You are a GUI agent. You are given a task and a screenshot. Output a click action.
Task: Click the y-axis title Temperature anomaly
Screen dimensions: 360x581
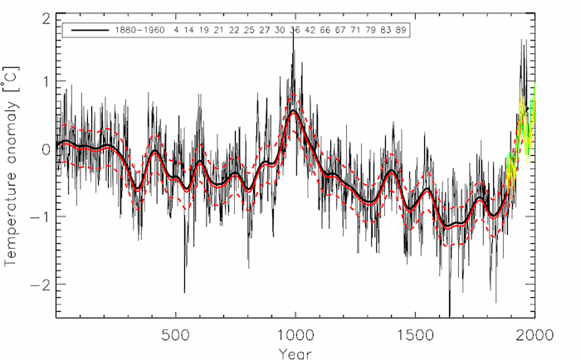(x=12, y=166)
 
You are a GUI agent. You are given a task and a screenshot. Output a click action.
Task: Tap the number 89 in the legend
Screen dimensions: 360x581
(x=404, y=30)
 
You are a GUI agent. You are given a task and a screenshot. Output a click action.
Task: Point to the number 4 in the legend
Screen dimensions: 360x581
(x=176, y=30)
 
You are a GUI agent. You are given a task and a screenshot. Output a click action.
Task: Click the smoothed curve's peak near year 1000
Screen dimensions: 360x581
(x=294, y=110)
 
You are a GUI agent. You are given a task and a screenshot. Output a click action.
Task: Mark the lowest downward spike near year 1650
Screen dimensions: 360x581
(x=449, y=314)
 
